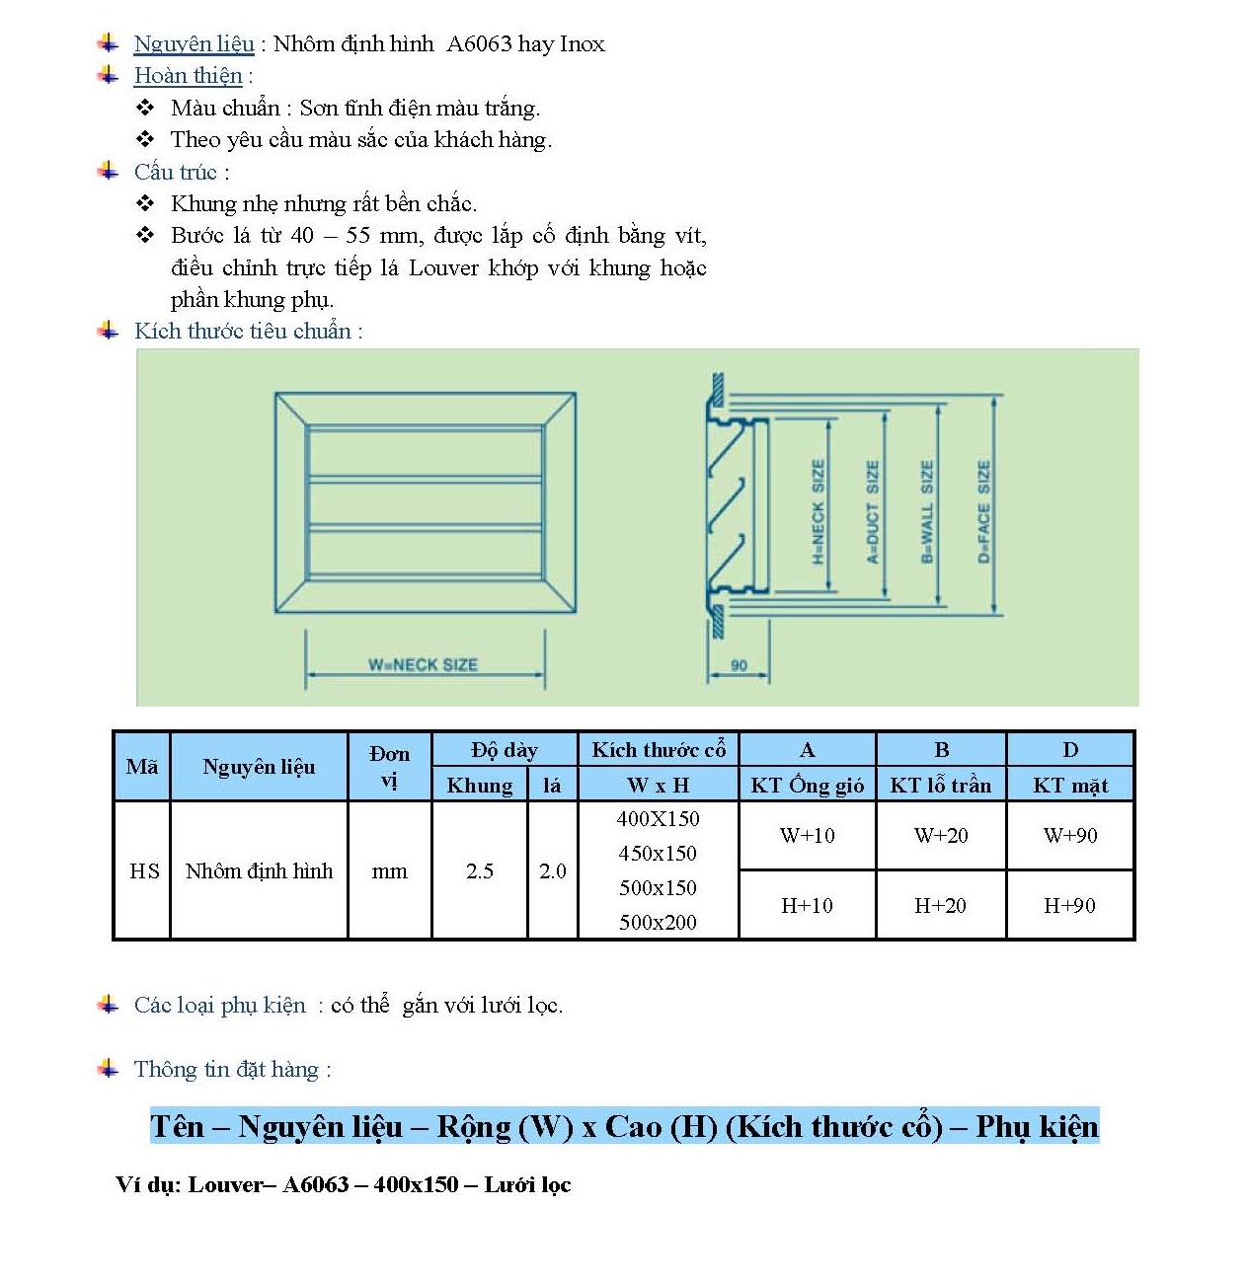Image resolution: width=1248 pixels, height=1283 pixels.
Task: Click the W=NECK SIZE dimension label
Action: coord(423,664)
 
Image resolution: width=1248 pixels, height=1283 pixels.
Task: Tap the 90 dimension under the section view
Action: coord(739,665)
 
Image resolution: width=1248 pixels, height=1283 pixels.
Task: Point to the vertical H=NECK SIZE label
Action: coord(818,511)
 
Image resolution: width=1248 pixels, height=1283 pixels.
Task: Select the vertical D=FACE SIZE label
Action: coord(983,511)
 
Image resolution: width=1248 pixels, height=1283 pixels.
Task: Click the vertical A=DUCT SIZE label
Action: coord(872,511)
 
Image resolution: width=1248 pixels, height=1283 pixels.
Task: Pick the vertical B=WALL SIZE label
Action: coord(926,511)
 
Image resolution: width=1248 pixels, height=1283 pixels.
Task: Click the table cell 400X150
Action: coord(658,819)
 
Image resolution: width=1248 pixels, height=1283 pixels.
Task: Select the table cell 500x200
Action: coord(658,923)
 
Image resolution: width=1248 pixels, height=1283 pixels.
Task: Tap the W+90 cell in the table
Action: coord(1070,836)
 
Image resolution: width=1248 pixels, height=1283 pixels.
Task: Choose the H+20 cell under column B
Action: coord(940,906)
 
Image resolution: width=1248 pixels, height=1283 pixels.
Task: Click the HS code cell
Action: coord(144,871)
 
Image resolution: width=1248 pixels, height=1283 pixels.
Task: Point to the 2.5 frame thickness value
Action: coord(480,871)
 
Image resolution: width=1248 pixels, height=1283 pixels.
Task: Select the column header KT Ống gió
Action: coord(807,786)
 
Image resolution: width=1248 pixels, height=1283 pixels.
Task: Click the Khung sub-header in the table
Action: coord(480,786)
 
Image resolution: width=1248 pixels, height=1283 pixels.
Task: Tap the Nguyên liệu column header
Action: coord(259,767)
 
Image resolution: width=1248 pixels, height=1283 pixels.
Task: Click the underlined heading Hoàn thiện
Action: coord(188,76)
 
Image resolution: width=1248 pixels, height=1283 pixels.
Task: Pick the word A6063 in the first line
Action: coord(479,43)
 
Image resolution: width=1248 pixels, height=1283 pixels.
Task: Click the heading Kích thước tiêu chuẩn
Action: coord(243,332)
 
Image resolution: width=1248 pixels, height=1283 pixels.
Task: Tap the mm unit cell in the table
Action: coord(389,871)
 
